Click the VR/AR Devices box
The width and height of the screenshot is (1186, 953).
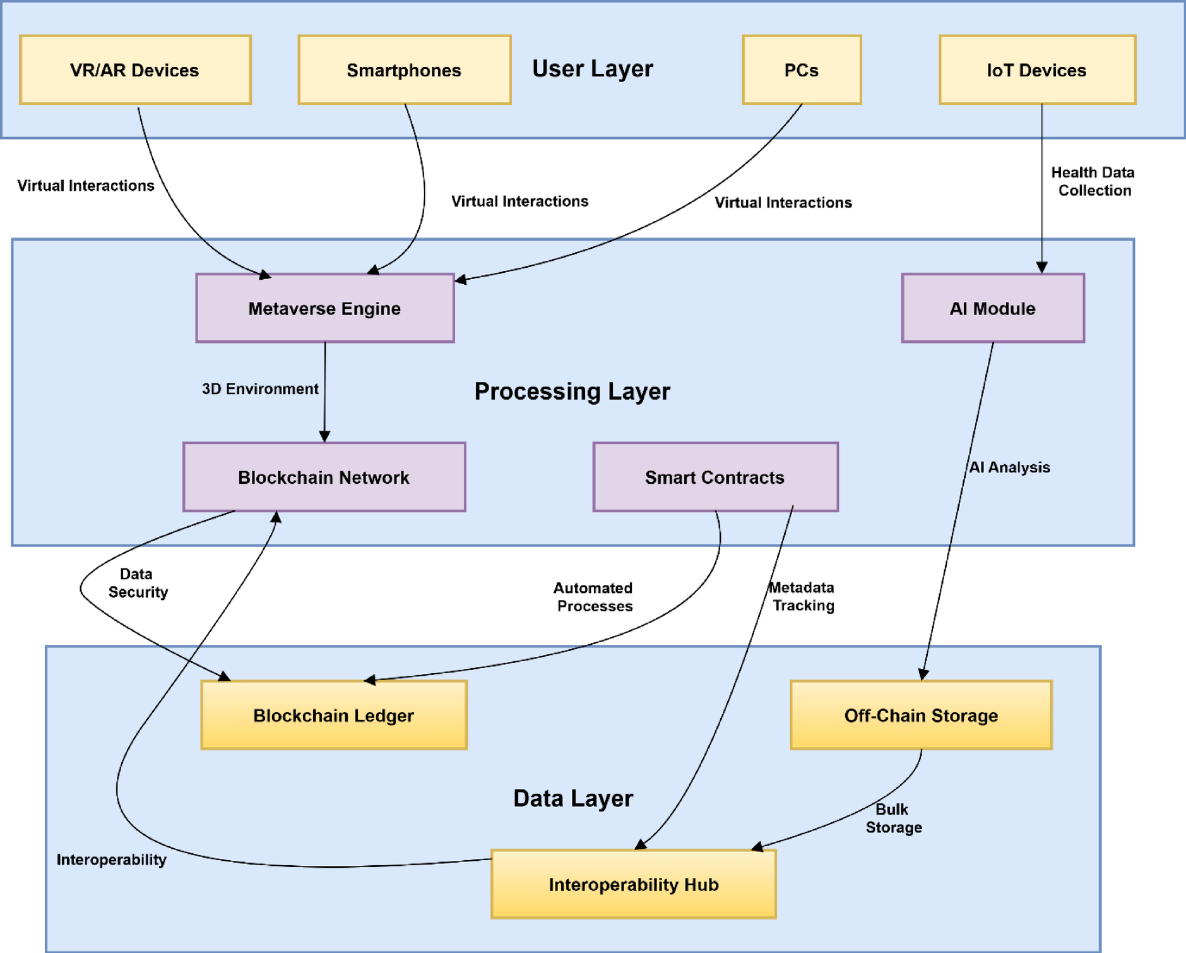tap(135, 70)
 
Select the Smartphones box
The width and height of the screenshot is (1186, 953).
tap(404, 70)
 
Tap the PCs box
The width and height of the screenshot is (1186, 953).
tap(801, 70)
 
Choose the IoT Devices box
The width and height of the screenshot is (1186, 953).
tap(1036, 70)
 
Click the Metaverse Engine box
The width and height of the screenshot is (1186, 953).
tap(324, 308)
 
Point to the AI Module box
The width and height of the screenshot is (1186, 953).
tap(992, 308)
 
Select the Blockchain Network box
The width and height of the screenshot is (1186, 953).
tap(324, 477)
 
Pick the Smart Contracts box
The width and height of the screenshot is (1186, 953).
tap(715, 477)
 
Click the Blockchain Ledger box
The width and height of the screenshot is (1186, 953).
tap(333, 715)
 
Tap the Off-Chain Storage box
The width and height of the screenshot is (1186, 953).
tap(921, 715)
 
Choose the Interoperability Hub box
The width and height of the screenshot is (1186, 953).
tap(633, 884)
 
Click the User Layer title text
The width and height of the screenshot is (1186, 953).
tap(592, 69)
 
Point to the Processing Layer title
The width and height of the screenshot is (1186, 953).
tap(572, 392)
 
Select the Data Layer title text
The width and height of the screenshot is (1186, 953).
tap(572, 798)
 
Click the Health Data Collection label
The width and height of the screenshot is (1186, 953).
tap(1093, 181)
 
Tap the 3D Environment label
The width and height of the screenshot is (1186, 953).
tap(260, 389)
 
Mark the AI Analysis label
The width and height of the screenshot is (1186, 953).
tap(1010, 467)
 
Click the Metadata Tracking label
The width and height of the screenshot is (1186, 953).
tap(802, 596)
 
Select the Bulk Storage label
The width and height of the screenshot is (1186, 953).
tap(893, 818)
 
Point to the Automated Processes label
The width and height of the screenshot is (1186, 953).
tap(593, 597)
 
